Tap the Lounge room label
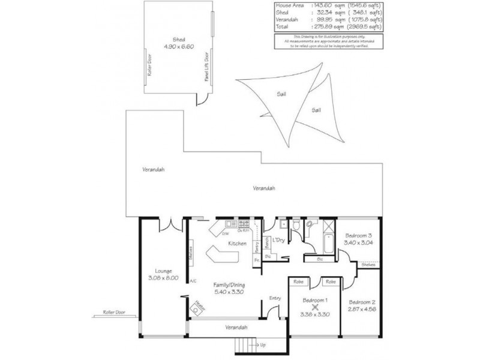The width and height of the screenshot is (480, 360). coord(163,274)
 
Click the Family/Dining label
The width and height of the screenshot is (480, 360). coord(230,288)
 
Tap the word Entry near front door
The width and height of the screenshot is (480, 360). coord(275,298)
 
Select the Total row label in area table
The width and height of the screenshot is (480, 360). coord(282,26)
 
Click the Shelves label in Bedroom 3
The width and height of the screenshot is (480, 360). coord(368,265)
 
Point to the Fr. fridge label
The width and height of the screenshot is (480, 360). coord(256,261)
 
